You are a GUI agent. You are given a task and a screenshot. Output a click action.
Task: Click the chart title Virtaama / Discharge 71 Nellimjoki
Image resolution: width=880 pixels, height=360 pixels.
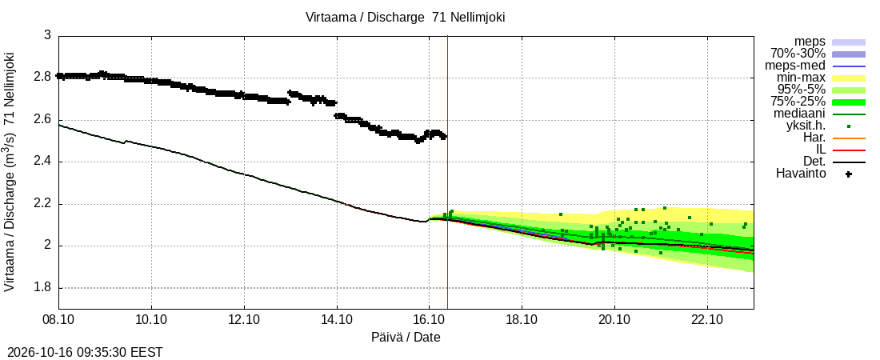click(406, 17)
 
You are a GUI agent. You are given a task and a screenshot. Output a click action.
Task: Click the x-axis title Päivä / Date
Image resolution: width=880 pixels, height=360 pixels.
click(406, 337)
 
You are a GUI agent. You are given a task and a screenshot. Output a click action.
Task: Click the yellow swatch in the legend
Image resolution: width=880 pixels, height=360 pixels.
click(849, 78)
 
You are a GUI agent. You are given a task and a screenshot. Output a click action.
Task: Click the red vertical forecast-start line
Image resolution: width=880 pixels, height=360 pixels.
click(447, 172)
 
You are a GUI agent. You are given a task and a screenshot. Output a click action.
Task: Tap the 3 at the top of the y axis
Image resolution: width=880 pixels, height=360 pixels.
click(48, 35)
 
